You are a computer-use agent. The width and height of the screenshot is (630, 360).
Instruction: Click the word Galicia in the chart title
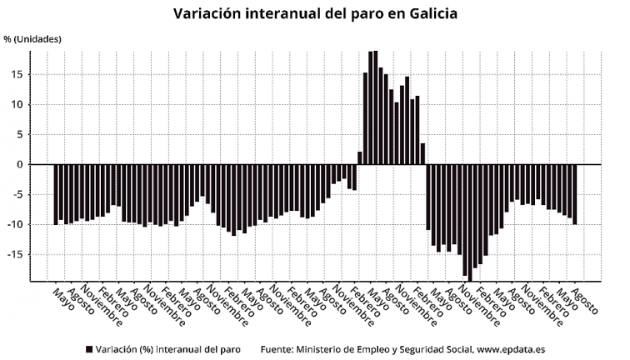pos(424,14)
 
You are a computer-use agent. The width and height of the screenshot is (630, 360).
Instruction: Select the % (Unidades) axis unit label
pos(33,39)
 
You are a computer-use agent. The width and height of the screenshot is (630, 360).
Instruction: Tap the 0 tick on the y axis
pos(18,164)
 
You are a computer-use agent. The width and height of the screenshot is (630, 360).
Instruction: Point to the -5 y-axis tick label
pos(15,194)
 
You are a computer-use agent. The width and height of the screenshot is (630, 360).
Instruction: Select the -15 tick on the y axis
pos(13,254)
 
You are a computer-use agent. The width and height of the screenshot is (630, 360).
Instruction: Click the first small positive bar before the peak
pos(360,157)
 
